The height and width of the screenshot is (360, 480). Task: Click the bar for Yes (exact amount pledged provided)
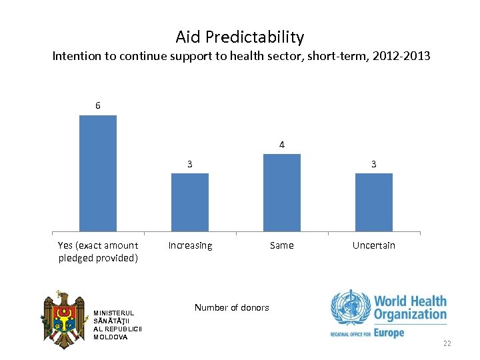[98, 173]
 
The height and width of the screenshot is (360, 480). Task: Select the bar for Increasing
[190, 202]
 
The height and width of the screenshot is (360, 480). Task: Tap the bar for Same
[282, 193]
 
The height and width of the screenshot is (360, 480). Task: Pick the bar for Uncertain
[374, 202]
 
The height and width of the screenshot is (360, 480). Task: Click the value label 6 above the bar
[98, 105]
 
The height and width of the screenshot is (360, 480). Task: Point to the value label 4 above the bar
[282, 144]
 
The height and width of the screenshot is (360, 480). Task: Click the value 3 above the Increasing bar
[190, 163]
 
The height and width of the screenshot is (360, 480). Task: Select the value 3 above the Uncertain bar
[374, 163]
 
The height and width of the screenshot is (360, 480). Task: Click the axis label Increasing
[190, 245]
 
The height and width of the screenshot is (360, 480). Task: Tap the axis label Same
[281, 245]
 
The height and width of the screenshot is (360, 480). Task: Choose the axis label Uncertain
[373, 245]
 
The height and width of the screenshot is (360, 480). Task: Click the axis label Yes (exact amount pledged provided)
[98, 251]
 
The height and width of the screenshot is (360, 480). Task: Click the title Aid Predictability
[239, 37]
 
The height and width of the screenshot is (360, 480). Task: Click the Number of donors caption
[231, 307]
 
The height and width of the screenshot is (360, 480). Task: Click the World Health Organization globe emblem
[349, 308]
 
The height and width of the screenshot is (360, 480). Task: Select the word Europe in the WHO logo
[389, 332]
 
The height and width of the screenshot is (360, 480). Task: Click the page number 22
[447, 343]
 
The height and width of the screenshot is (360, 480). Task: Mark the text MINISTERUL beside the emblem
[114, 313]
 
